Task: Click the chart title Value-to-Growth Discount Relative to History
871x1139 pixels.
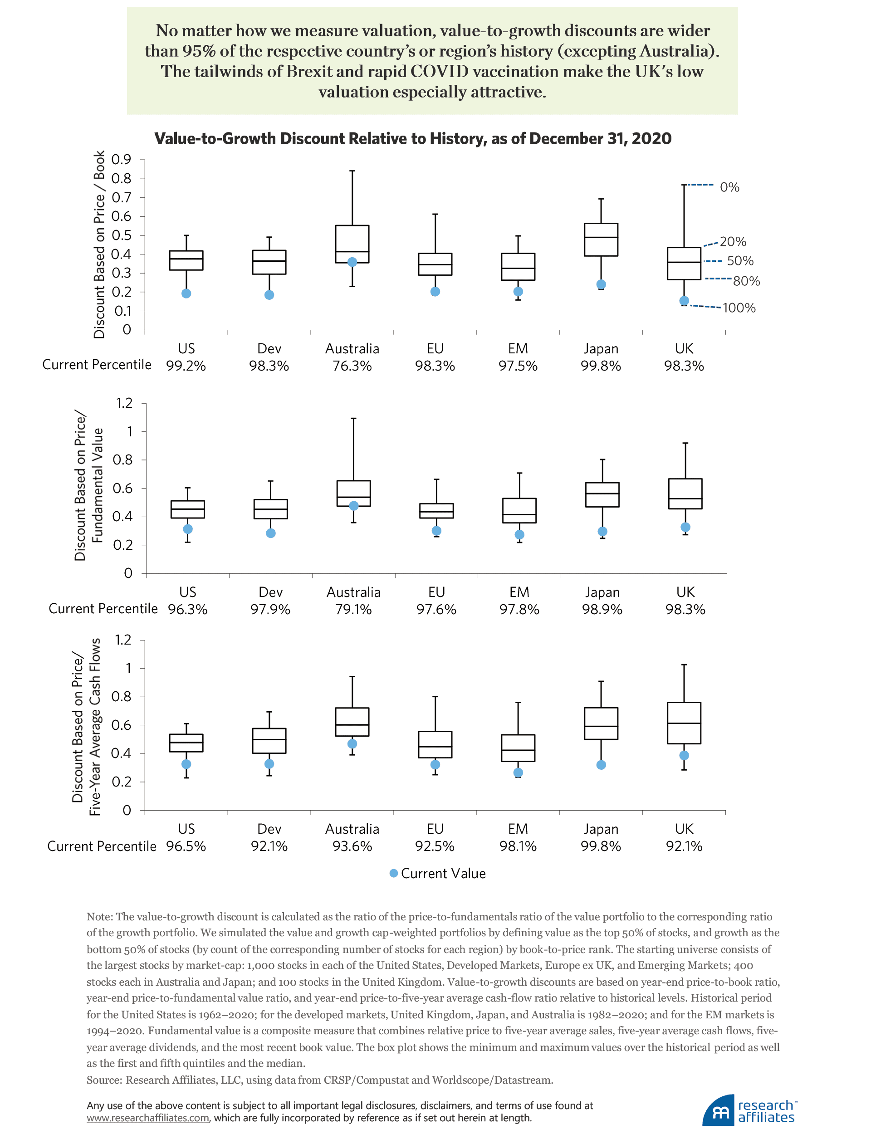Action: pyautogui.click(x=413, y=139)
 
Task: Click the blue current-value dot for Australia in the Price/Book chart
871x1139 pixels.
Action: pyautogui.click(x=352, y=262)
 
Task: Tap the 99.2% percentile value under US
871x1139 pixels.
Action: pyautogui.click(x=186, y=367)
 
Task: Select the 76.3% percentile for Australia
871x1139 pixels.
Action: pyautogui.click(x=352, y=367)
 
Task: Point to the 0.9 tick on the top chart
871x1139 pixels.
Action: pyautogui.click(x=121, y=160)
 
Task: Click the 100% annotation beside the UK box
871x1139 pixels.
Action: pyautogui.click(x=739, y=308)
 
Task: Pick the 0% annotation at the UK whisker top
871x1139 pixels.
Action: pyautogui.click(x=729, y=188)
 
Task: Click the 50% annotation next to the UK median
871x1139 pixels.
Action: pyautogui.click(x=740, y=261)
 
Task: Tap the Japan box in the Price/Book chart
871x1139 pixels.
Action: pyautogui.click(x=601, y=240)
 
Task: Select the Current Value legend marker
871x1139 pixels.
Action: pyautogui.click(x=393, y=874)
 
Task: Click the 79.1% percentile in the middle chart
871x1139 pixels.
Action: pyautogui.click(x=353, y=610)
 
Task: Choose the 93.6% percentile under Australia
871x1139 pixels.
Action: pyautogui.click(x=352, y=846)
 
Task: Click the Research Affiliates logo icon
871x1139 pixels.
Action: pyautogui.click(x=719, y=1111)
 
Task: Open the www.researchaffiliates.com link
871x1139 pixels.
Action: pyautogui.click(x=148, y=1118)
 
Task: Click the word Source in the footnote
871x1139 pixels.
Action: pyautogui.click(x=104, y=1080)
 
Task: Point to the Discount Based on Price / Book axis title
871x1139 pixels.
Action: pyautogui.click(x=99, y=244)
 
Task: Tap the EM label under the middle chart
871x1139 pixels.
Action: pyautogui.click(x=519, y=592)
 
